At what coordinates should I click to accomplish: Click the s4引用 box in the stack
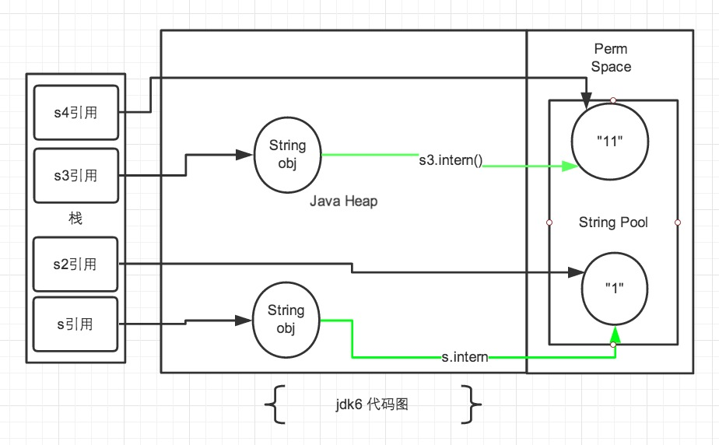[x=75, y=112]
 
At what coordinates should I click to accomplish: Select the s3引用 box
[x=75, y=175]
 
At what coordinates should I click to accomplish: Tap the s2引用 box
[x=75, y=265]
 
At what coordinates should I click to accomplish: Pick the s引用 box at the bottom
[x=75, y=324]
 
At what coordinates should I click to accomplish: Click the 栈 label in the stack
[x=75, y=219]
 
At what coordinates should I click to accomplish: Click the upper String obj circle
[x=287, y=156]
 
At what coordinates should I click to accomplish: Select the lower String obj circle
[x=286, y=320]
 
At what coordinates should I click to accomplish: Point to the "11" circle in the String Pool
[x=611, y=140]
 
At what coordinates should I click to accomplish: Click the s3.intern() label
[x=450, y=162]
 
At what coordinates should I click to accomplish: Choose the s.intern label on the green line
[x=464, y=357]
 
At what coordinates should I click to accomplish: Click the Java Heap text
[x=343, y=201]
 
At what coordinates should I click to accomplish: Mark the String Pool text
[x=613, y=223]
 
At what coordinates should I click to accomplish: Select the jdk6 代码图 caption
[x=371, y=405]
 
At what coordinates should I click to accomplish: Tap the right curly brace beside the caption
[x=473, y=405]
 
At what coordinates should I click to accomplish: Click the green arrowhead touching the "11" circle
[x=567, y=166]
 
